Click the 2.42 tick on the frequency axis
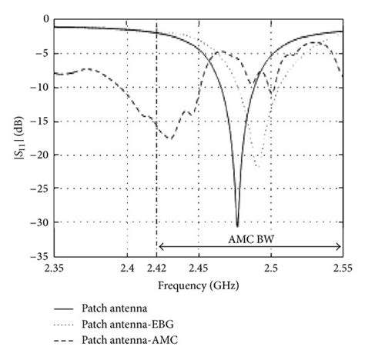click(157, 268)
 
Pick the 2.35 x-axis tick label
click(55, 268)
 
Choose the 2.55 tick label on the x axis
click(342, 268)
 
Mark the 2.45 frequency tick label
click(199, 268)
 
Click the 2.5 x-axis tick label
click(270, 268)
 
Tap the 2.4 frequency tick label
click(127, 268)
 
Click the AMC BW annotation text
click(249, 238)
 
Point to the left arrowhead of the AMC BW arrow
click(159, 247)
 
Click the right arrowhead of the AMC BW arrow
click(340, 247)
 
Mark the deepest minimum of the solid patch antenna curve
click(237, 226)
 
